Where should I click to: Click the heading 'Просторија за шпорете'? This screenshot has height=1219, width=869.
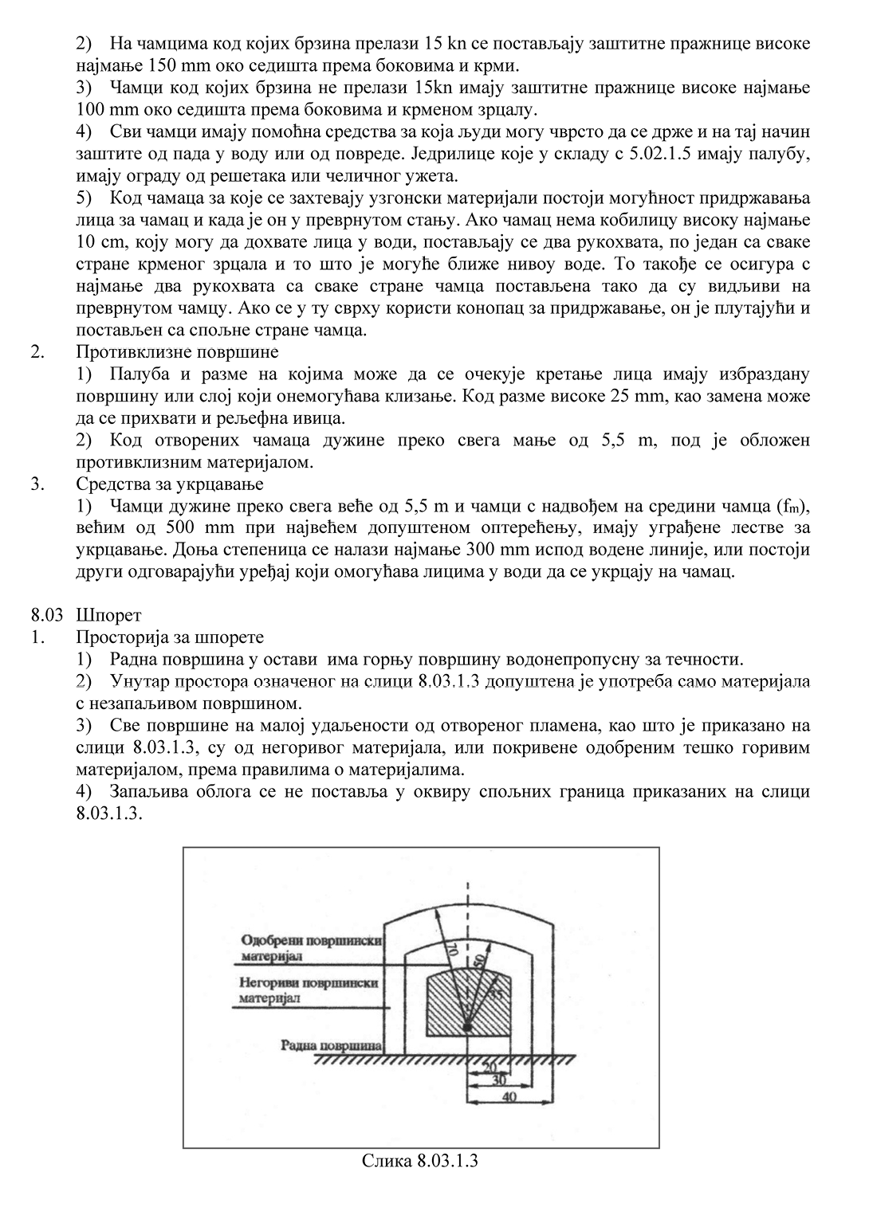pyautogui.click(x=170, y=637)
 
